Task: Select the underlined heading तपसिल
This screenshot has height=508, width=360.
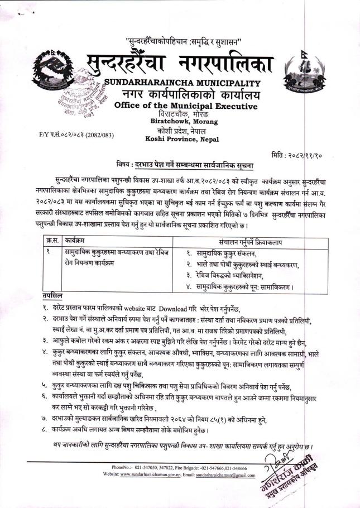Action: coord(52,294)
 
